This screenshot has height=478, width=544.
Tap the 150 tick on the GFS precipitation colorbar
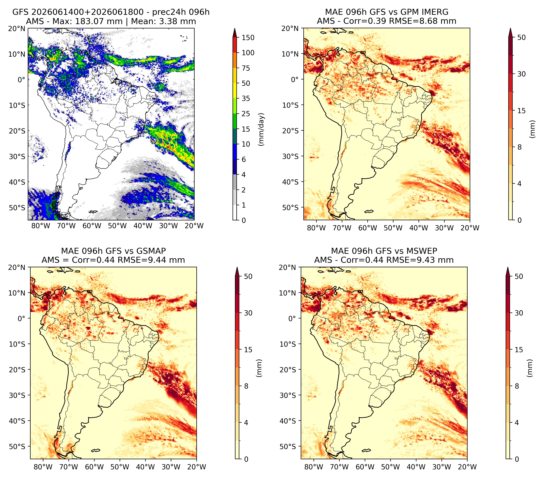tap(248, 38)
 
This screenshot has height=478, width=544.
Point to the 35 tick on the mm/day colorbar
tap(246, 98)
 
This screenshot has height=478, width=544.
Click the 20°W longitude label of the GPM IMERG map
tap(470, 228)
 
